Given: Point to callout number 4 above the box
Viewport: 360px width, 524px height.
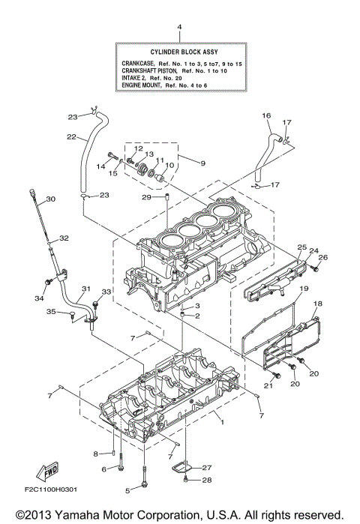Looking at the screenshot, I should point(179,28).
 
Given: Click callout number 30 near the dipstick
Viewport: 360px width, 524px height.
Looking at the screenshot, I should point(51,199).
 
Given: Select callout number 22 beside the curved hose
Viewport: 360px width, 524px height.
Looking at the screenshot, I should point(71,137).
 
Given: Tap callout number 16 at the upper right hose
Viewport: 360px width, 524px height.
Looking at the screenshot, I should point(265,115).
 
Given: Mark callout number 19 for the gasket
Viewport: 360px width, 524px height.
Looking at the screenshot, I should point(304,289).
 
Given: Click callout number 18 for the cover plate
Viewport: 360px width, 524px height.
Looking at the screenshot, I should point(317,304).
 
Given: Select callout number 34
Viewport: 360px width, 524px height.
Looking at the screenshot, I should point(39,299).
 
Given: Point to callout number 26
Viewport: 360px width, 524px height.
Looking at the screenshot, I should point(324,257).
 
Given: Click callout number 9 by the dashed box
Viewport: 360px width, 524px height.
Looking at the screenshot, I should point(201,161).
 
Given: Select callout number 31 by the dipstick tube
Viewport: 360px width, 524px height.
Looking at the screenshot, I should point(86,289).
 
